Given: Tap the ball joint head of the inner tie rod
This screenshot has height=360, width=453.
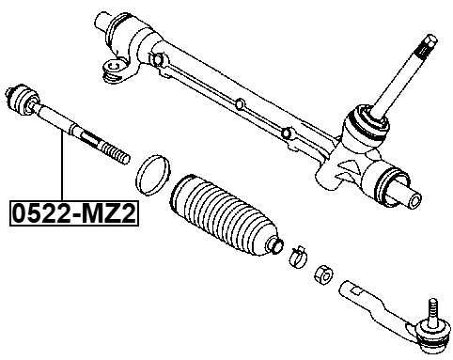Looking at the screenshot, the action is click(25, 98).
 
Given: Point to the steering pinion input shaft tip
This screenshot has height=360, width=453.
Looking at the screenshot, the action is click(428, 42).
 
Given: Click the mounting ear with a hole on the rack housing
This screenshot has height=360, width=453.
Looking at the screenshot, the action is click(116, 68).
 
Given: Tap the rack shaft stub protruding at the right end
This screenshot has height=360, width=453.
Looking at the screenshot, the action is click(411, 197).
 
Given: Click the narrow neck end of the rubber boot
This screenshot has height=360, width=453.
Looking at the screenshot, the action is click(274, 243).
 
